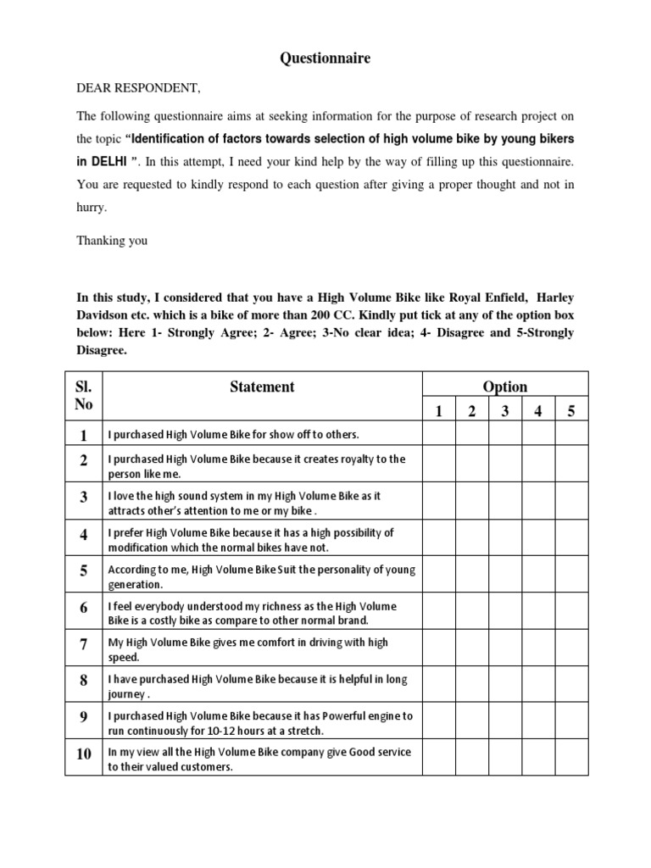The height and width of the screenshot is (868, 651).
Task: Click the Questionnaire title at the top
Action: click(325, 58)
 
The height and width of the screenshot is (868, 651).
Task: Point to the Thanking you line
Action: click(112, 240)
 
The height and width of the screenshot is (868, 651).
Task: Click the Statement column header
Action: click(262, 387)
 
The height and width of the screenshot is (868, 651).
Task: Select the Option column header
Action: click(504, 387)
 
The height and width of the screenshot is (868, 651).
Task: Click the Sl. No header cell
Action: click(84, 395)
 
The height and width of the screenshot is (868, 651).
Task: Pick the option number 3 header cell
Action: click(505, 411)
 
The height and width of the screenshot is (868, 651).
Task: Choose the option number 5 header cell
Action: click(571, 411)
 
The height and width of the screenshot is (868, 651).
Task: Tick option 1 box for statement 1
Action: click(439, 435)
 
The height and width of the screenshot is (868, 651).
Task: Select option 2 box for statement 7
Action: click(472, 649)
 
